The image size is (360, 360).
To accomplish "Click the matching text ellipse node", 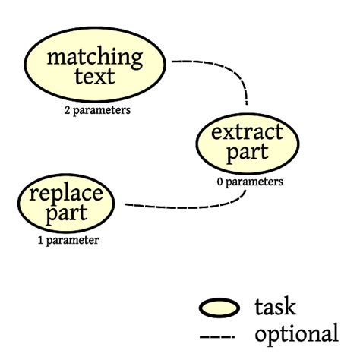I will pyautogui.click(x=94, y=66).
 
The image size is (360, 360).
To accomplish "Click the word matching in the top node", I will pyautogui.click(x=94, y=56).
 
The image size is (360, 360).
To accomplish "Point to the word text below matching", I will pyautogui.click(x=94, y=76).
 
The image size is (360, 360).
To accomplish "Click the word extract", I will pyautogui.click(x=241, y=132).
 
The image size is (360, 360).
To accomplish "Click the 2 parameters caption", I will pyautogui.click(x=96, y=110).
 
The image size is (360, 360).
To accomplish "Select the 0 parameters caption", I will pyautogui.click(x=249, y=182).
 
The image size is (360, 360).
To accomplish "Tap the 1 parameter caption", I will pyautogui.click(x=68, y=241).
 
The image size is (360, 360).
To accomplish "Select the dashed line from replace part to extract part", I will pyautogui.click(x=190, y=205).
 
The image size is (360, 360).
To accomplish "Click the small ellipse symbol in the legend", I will pyautogui.click(x=219, y=308).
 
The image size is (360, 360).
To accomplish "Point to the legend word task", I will pyautogui.click(x=275, y=307).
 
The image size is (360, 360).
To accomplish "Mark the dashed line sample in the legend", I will pyautogui.click(x=218, y=335).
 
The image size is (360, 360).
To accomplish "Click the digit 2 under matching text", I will pyautogui.click(x=68, y=110).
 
